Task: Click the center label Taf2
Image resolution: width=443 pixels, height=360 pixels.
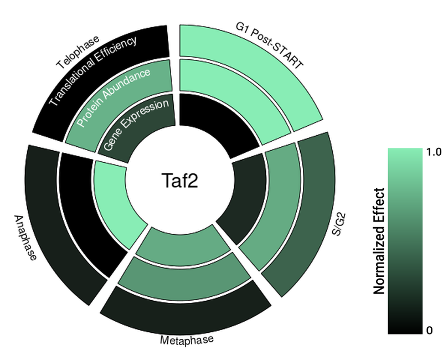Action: pos(179,180)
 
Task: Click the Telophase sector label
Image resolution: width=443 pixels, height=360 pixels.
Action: pos(77,53)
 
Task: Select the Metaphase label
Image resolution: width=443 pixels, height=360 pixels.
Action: pos(186,339)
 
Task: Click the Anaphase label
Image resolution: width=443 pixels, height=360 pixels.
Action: pos(25,238)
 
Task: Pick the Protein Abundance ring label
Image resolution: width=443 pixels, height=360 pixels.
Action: pos(113,96)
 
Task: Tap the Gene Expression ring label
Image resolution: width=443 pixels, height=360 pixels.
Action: pos(136,124)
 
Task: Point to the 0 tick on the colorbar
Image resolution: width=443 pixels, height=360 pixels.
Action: pos(429,331)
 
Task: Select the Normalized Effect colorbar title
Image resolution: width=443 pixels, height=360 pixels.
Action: pos(379,241)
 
